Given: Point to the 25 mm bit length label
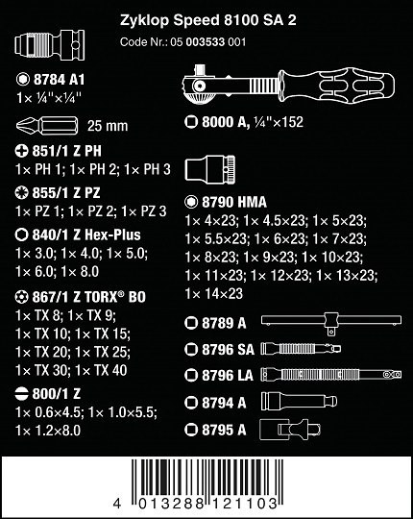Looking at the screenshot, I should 108,126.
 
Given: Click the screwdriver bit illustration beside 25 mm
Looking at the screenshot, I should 47,125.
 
